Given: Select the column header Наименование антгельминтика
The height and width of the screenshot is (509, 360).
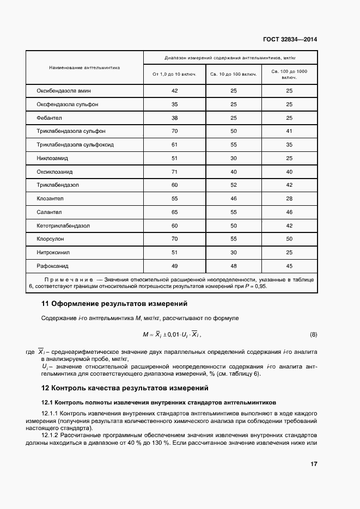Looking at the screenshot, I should (x=84, y=68).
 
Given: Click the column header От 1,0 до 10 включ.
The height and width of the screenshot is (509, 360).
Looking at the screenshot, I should (x=175, y=73).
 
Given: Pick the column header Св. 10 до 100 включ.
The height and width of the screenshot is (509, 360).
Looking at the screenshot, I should (x=234, y=73).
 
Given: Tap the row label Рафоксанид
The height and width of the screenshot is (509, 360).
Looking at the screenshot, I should (x=55, y=266).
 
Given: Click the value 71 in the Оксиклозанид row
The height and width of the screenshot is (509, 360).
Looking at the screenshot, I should (x=175, y=171).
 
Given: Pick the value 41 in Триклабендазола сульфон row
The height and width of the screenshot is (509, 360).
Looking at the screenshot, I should (x=289, y=131).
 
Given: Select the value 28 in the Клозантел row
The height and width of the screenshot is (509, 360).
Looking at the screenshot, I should (x=289, y=199).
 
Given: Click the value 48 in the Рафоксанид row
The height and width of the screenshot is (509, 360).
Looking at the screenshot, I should (x=234, y=266).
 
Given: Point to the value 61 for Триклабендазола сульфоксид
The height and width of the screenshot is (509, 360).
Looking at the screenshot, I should (x=175, y=145).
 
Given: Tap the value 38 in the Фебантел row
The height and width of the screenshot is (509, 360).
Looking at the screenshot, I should (x=175, y=118).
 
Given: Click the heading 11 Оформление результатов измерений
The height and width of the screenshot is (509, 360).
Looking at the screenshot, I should (x=114, y=303).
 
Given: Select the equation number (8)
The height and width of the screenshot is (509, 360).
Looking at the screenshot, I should (x=313, y=334).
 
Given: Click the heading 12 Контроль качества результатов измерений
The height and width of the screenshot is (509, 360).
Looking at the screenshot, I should (x=125, y=388).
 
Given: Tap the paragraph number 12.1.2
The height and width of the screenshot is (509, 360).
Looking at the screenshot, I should (x=52, y=436).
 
